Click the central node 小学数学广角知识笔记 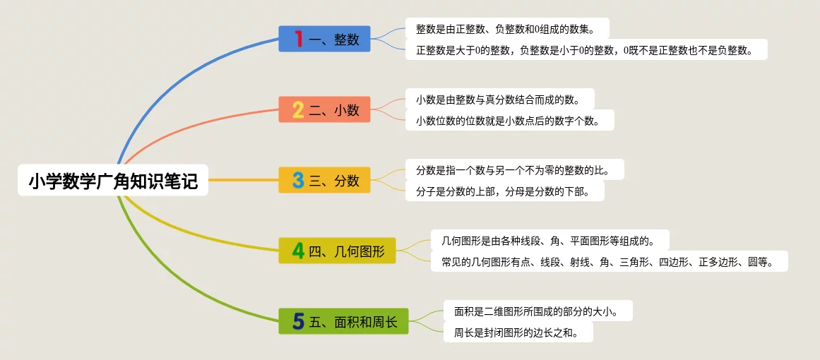[113, 180]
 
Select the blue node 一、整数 [324, 39]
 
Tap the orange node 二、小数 [324, 109]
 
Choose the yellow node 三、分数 [324, 180]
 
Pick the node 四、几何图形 [337, 251]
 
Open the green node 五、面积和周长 [343, 320]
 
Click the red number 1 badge [299, 39]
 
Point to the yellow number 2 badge [298, 109]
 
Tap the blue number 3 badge [298, 180]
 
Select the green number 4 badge [298, 251]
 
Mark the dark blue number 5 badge [298, 320]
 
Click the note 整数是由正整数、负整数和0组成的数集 [507, 28]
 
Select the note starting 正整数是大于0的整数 [586, 49]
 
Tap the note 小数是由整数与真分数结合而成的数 [500, 99]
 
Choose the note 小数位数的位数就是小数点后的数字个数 [510, 120]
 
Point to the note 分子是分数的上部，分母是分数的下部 [505, 191]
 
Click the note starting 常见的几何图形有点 [610, 261]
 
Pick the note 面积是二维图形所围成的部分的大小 [538, 311]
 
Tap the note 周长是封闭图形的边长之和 [518, 332]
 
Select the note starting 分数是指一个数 [515, 169]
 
